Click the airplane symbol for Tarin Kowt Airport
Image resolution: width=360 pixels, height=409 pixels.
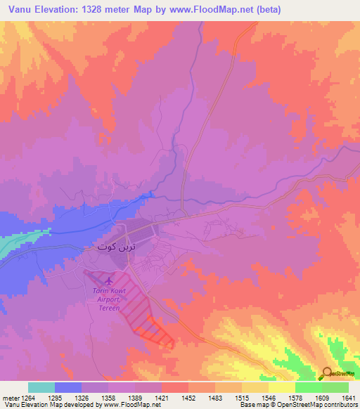(x=106, y=282)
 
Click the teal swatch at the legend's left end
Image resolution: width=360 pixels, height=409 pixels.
(x=41, y=387)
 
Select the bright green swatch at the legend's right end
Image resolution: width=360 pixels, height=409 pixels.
(x=335, y=387)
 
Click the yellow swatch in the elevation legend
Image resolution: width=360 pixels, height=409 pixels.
(x=282, y=387)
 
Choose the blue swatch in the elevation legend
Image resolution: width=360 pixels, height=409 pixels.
(x=68, y=387)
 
